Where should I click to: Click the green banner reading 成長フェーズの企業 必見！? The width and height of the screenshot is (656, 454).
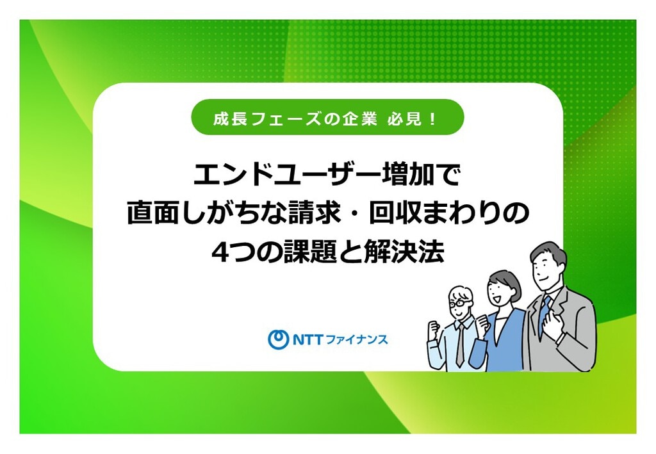327,117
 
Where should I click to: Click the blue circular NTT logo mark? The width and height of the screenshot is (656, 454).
278,339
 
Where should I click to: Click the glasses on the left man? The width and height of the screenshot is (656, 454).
461,302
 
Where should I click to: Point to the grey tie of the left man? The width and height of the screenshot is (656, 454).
460,345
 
